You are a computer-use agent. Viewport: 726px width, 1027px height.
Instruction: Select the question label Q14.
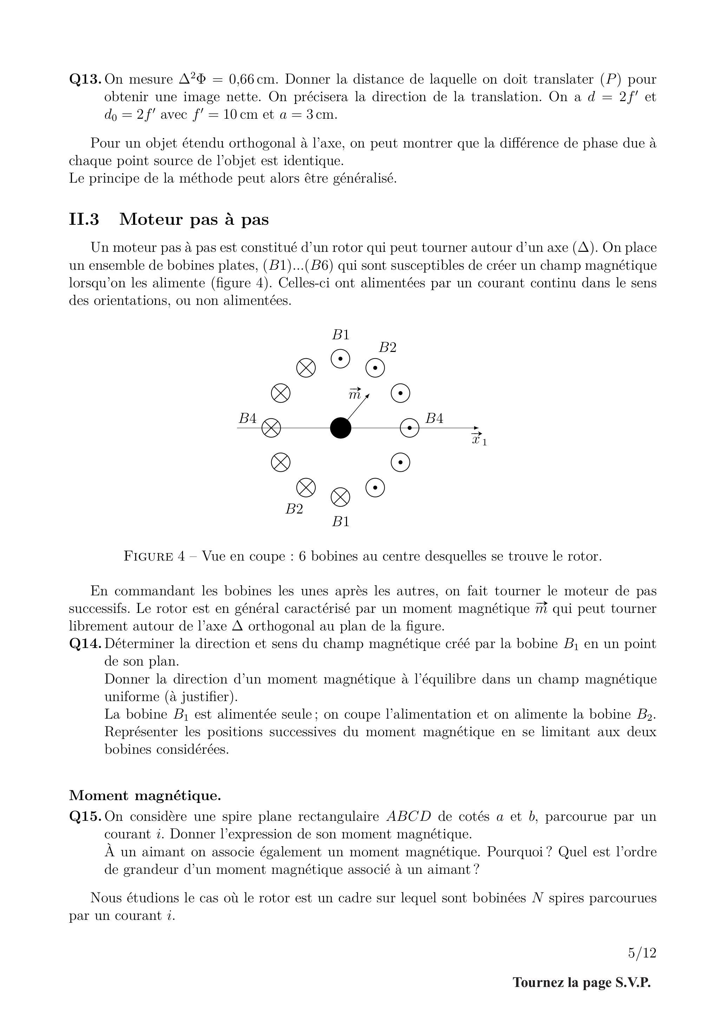pos(85,644)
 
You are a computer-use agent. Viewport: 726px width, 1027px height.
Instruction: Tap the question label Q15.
pos(85,817)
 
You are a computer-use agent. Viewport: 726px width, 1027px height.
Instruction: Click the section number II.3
pos(84,220)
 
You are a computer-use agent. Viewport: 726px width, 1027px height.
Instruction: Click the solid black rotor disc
pos(340,428)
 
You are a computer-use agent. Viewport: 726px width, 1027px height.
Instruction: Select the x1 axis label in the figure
pos(479,440)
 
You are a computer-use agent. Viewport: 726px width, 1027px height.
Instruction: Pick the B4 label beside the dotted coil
pos(434,419)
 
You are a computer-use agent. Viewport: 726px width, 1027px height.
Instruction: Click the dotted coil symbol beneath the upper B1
pos(340,358)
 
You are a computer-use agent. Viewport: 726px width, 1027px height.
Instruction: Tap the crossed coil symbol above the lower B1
pos(340,497)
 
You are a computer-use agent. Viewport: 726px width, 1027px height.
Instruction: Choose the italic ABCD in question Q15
pos(408,817)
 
